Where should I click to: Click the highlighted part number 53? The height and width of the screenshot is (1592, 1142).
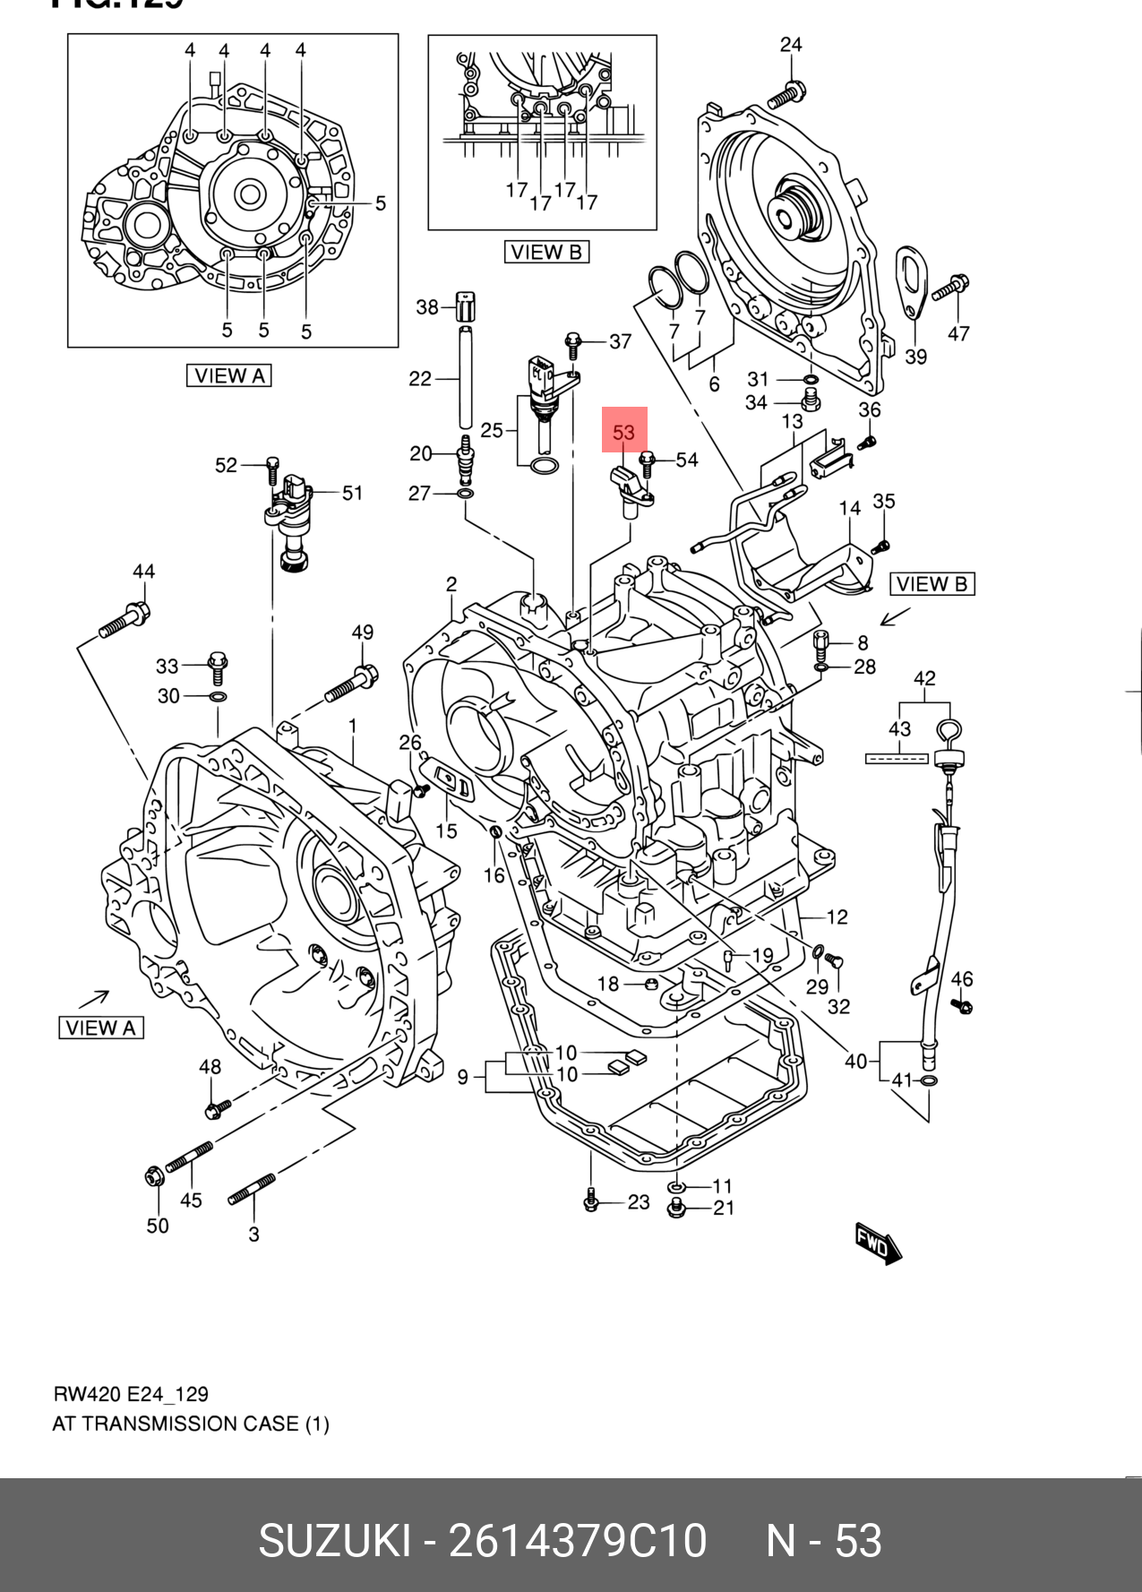click(623, 433)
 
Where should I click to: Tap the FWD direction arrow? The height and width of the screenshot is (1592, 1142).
click(878, 1243)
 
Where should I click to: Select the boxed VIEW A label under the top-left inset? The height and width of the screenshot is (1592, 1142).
click(228, 376)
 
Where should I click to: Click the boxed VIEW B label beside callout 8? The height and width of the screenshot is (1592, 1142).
click(932, 584)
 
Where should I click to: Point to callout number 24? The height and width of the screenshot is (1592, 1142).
click(791, 45)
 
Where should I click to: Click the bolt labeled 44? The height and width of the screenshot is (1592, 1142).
click(125, 622)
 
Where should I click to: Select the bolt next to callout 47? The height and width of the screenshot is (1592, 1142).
click(949, 288)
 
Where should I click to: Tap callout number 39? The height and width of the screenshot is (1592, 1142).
click(915, 357)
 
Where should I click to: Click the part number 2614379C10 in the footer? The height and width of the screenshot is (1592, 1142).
click(578, 1541)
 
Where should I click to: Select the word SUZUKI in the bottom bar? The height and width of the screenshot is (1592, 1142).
click(333, 1541)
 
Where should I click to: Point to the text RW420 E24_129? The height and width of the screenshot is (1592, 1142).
click(131, 1394)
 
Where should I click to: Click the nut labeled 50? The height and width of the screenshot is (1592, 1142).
click(155, 1175)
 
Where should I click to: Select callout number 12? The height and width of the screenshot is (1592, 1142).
click(837, 917)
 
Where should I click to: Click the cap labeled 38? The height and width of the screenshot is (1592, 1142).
click(465, 306)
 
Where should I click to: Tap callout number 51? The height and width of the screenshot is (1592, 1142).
click(352, 493)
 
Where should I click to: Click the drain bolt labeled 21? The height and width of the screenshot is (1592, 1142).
click(678, 1209)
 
